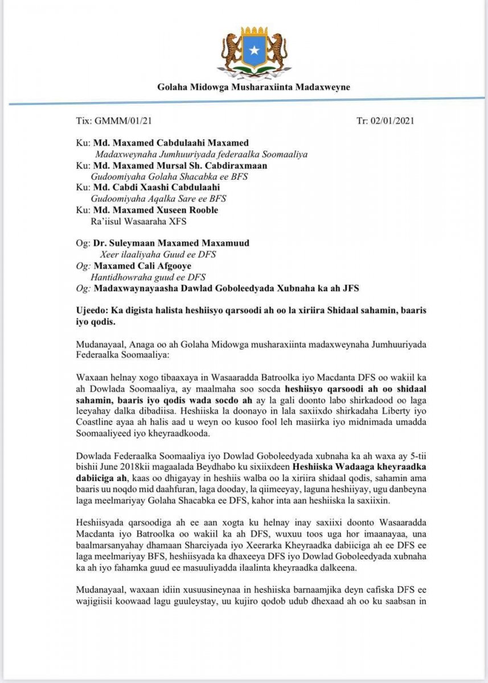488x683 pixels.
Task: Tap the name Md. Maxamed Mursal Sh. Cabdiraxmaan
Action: (179, 165)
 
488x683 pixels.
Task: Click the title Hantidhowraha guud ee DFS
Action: (149, 277)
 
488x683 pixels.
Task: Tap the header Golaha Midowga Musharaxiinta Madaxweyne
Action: (254, 87)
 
